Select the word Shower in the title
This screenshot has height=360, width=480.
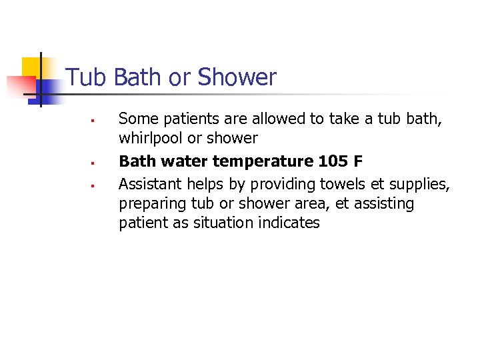237,77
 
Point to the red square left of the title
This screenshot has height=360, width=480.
20,87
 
